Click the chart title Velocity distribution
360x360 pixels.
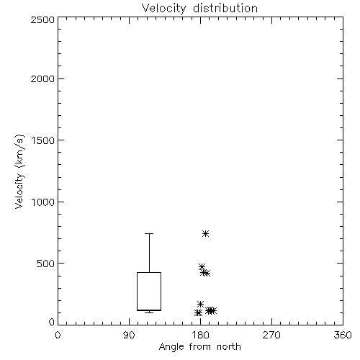199,9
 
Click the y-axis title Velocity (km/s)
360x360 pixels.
19,171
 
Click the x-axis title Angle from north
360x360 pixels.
199,347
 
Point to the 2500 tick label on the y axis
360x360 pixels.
42,19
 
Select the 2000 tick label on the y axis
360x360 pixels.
42,78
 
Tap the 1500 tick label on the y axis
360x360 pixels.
43,140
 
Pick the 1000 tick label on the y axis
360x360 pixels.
43,202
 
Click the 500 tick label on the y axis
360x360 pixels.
46,264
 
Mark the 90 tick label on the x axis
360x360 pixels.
129,335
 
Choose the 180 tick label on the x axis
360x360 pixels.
200,335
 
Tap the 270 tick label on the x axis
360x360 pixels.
271,335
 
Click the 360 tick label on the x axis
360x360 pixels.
343,335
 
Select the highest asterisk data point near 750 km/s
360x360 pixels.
205,233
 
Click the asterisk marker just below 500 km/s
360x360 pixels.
202,266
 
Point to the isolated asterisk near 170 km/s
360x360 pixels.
200,304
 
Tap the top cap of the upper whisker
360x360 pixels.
149,233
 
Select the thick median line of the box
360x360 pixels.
149,310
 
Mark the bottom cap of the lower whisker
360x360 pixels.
149,312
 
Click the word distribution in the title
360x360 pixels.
225,9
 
